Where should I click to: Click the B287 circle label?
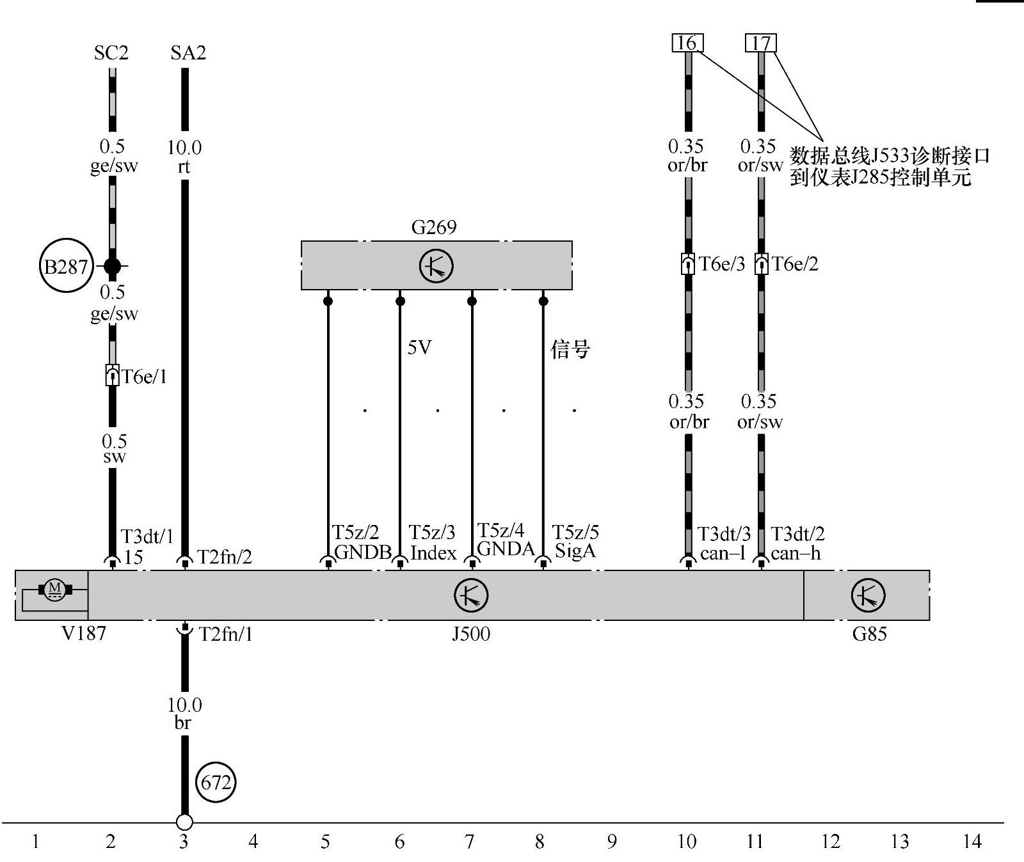tap(66, 265)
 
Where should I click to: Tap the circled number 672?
tap(216, 782)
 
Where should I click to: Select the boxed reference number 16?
tap(687, 43)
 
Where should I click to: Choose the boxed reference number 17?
tap(761, 43)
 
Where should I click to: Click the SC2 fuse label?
tap(111, 52)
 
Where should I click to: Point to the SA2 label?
tap(188, 52)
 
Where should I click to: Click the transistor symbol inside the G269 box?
tap(436, 266)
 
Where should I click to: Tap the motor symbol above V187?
tap(54, 588)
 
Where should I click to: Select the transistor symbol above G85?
tap(868, 595)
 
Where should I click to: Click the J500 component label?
tap(471, 634)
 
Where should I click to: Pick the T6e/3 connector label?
tap(722, 264)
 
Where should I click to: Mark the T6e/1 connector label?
tap(145, 377)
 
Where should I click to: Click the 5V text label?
tap(420, 347)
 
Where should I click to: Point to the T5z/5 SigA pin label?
tap(575, 542)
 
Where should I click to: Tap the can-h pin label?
tap(796, 553)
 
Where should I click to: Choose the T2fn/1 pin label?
tap(225, 634)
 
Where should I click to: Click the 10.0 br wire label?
tap(184, 713)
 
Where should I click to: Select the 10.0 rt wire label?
tap(184, 157)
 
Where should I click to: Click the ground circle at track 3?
tap(184, 822)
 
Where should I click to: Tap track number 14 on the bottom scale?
tap(972, 842)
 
